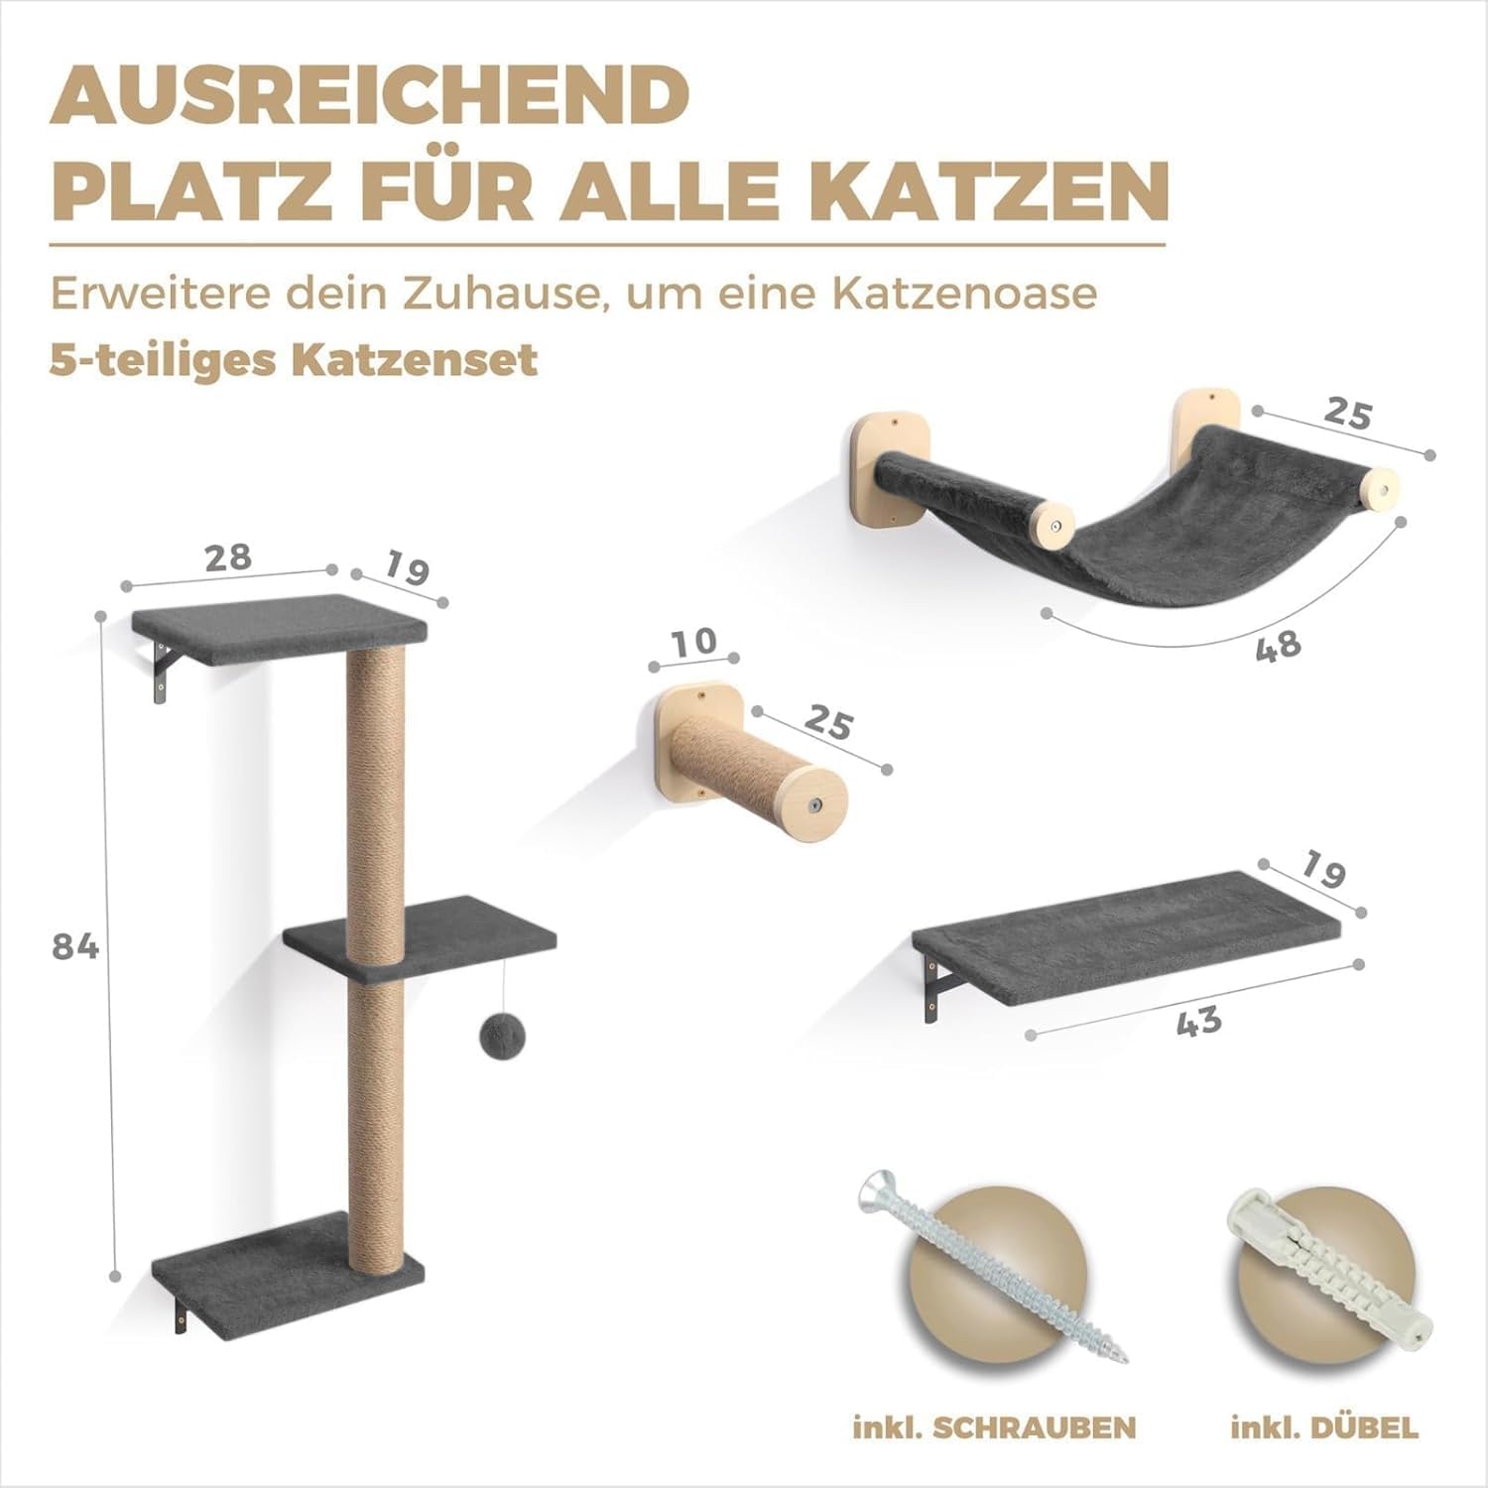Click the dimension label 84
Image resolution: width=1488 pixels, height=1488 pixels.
pyautogui.click(x=75, y=947)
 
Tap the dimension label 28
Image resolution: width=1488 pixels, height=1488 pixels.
pyautogui.click(x=228, y=557)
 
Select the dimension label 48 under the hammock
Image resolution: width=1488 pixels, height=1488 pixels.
pyautogui.click(x=1278, y=646)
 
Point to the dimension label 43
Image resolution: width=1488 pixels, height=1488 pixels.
pyautogui.click(x=1199, y=1021)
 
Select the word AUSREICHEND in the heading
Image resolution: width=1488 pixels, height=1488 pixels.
pyautogui.click(x=369, y=93)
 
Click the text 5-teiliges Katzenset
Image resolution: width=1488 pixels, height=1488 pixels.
pyautogui.click(x=294, y=359)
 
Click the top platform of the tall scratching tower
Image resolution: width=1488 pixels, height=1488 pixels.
pyautogui.click(x=280, y=628)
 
